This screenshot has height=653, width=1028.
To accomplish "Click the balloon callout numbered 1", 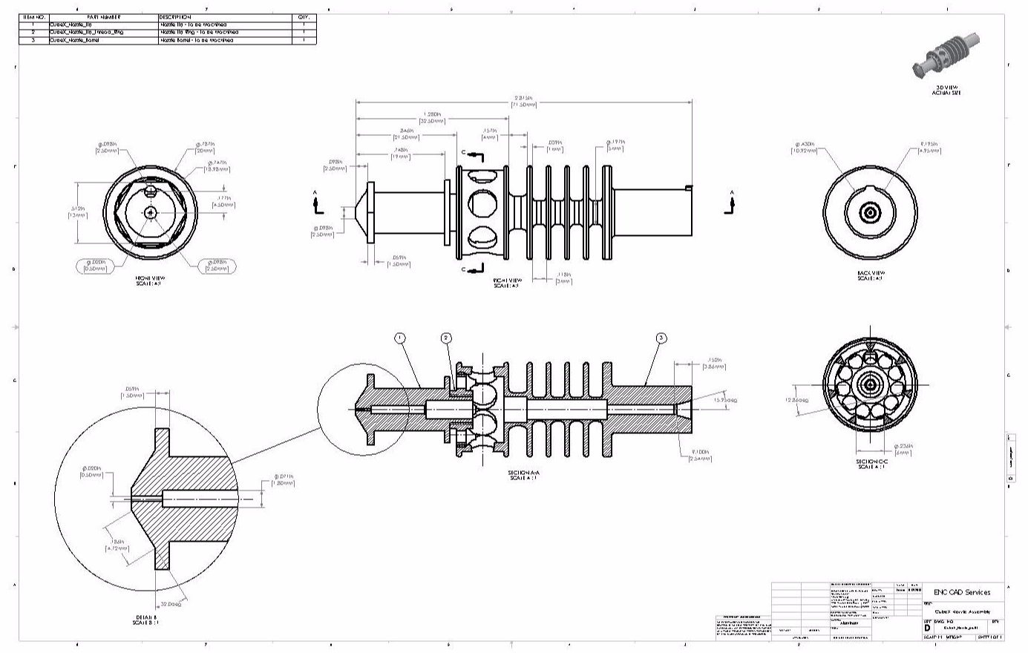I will pyautogui.click(x=399, y=338).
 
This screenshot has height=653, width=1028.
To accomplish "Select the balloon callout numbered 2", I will pyautogui.click(x=446, y=338).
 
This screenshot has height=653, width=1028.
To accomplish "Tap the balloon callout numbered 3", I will pyautogui.click(x=661, y=338).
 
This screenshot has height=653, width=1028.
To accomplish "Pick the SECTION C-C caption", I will pyautogui.click(x=872, y=464).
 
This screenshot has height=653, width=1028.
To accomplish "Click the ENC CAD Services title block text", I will pyautogui.click(x=962, y=592).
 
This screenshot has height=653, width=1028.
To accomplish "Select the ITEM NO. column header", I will pyautogui.click(x=33, y=17).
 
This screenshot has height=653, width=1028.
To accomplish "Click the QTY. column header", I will pyautogui.click(x=304, y=17).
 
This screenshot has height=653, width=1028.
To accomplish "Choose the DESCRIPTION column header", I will pyautogui.click(x=175, y=17).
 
